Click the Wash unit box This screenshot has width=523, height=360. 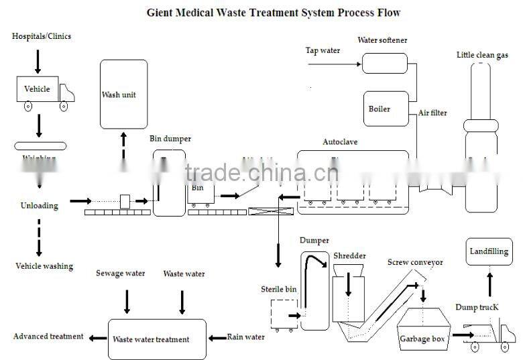(123, 94)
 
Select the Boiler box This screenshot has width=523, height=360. (386, 109)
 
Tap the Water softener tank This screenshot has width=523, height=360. (384, 63)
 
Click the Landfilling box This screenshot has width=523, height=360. (488, 252)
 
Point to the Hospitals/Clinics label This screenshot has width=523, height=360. (42, 36)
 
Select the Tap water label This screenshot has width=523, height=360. (323, 50)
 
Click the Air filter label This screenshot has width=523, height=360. (432, 113)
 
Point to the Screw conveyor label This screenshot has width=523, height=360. (414, 262)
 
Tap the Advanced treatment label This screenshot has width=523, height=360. (48, 336)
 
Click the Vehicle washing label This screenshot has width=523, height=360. (44, 266)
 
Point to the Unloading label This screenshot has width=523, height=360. (39, 206)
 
